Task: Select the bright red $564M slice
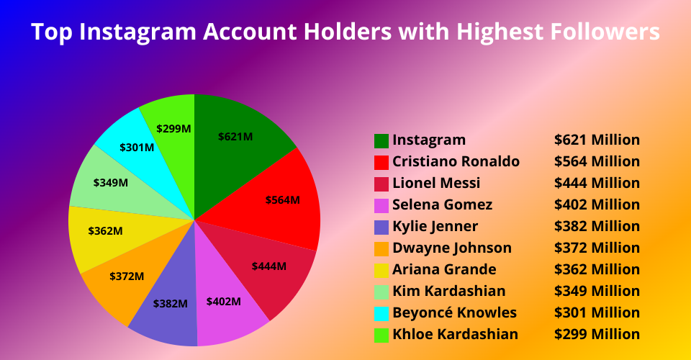pos(278,198)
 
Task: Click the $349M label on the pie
pos(111,182)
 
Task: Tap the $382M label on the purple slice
pos(170,304)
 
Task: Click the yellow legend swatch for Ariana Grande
pos(381,271)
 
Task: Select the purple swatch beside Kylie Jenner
pos(381,228)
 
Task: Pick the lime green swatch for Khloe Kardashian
pos(381,336)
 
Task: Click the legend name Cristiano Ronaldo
pos(456,161)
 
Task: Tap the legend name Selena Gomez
pos(443,204)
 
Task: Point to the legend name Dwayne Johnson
pos(452,248)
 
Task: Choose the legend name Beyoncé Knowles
pos(455,312)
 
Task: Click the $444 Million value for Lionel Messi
pos(597,183)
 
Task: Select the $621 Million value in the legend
pos(597,140)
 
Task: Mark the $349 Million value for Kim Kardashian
pos(597,291)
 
